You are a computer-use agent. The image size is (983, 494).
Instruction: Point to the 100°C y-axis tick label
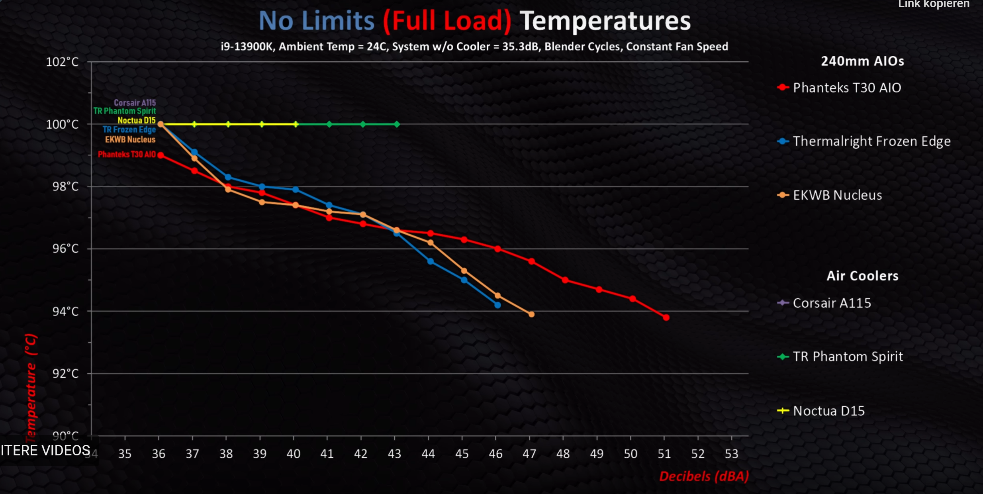63,124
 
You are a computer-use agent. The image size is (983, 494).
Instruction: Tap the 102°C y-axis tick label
63,62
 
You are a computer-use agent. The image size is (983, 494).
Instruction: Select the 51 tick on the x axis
664,454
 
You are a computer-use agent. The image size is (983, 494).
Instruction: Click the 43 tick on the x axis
394,454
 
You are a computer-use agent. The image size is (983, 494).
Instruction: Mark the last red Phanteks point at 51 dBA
666,318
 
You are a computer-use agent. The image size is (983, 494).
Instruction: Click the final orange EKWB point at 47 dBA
531,314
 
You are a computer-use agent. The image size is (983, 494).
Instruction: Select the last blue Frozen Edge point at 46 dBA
497,305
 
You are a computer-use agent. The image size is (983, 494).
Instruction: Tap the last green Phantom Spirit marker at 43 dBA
397,124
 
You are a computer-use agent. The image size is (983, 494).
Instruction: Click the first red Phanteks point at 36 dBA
161,155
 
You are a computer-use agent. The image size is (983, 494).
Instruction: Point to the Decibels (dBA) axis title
704,476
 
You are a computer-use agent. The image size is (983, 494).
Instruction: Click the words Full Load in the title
447,21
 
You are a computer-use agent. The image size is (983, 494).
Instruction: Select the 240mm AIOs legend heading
862,61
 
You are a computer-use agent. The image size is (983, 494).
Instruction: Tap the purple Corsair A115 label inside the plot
135,102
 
